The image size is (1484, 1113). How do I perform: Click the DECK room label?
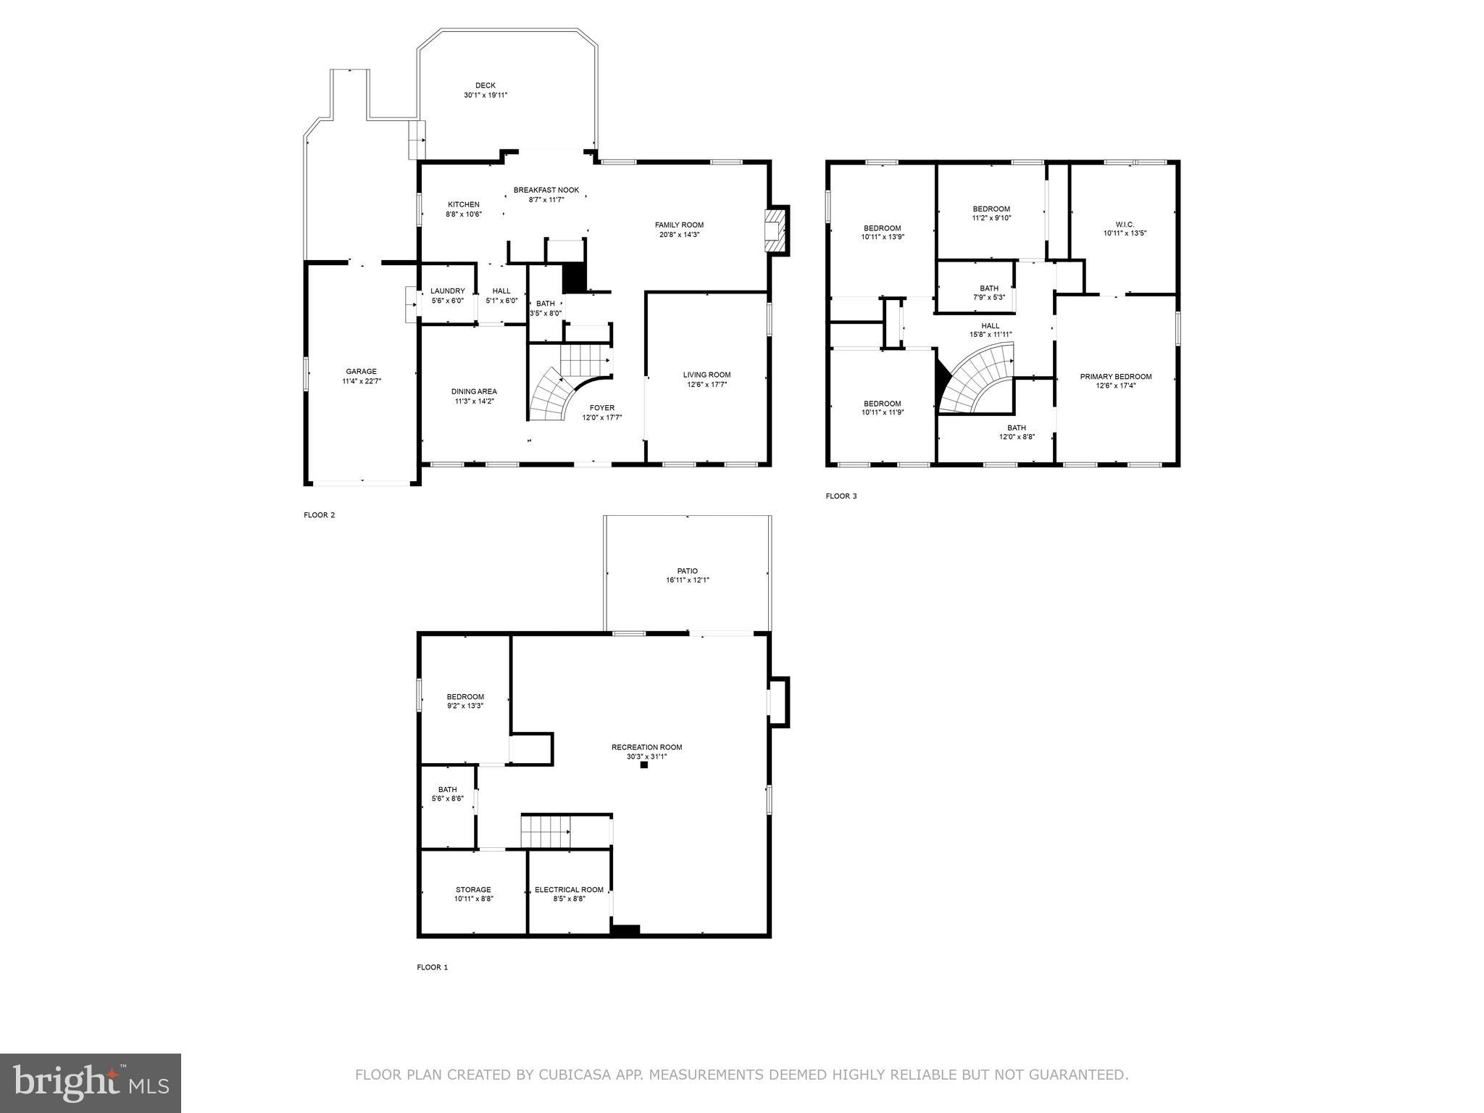pyautogui.click(x=485, y=86)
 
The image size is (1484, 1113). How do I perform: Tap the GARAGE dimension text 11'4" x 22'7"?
pyautogui.click(x=361, y=381)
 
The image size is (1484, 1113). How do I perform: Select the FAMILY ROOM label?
pyautogui.click(x=679, y=225)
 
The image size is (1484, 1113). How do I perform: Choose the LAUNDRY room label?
pyautogui.click(x=447, y=291)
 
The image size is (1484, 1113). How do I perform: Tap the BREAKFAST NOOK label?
pyautogui.click(x=546, y=190)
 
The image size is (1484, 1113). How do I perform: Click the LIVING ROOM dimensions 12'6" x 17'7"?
pyautogui.click(x=706, y=385)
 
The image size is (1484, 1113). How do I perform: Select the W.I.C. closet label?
pyautogui.click(x=1124, y=224)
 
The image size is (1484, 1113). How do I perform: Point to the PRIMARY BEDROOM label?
pyautogui.click(x=1115, y=377)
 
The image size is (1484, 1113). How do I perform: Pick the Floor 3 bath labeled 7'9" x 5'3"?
pyautogui.click(x=989, y=293)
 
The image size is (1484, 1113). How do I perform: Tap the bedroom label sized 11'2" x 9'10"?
pyautogui.click(x=991, y=209)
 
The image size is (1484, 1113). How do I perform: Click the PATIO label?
pyautogui.click(x=687, y=571)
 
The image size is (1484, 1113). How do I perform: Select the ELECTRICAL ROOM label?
pyautogui.click(x=569, y=890)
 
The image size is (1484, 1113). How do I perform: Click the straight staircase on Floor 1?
pyautogui.click(x=546, y=830)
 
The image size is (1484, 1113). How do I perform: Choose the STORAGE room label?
pyautogui.click(x=473, y=890)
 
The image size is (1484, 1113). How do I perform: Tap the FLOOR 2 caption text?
pyautogui.click(x=320, y=515)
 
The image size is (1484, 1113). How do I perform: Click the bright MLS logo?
pyautogui.click(x=91, y=1083)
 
